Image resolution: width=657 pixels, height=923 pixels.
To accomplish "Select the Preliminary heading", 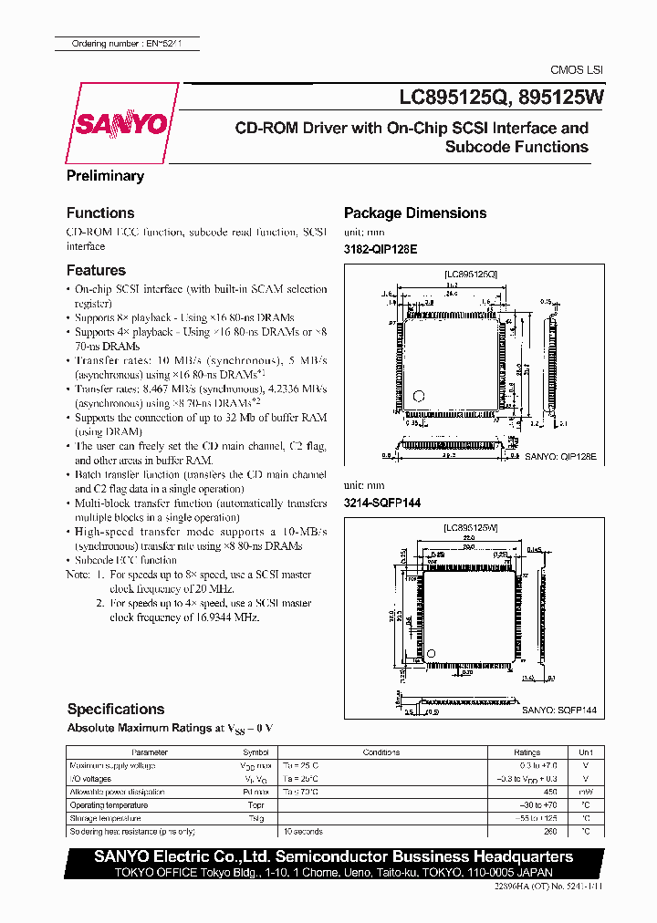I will (x=105, y=176).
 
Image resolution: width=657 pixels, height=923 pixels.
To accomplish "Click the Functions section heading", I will (x=100, y=213).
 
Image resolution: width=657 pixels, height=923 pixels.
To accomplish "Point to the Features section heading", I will (x=96, y=271).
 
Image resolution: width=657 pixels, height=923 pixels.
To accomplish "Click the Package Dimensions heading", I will (x=415, y=213).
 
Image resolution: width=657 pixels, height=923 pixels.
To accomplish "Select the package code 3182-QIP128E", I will (x=381, y=249).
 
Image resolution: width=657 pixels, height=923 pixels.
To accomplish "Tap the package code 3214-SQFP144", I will (x=382, y=503).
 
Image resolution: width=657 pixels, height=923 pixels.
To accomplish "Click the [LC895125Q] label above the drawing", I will (x=471, y=274).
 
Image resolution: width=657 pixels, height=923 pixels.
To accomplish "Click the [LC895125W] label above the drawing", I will (x=471, y=528).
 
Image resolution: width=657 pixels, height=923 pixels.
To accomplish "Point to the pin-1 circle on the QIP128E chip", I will (x=419, y=396).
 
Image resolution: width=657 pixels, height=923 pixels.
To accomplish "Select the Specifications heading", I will (x=116, y=710).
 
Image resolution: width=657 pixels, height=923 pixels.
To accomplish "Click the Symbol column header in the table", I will (x=255, y=752).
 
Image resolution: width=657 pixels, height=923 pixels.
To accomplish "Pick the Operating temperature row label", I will (x=109, y=805).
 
